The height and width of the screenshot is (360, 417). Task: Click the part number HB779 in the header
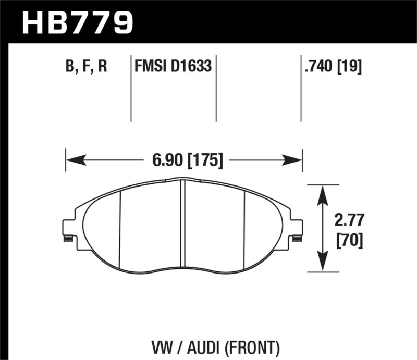coord(78,22)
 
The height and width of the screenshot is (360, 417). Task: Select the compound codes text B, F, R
coord(87,67)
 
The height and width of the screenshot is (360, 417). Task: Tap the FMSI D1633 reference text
coord(173,67)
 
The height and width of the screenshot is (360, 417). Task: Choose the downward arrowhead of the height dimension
coord(323,265)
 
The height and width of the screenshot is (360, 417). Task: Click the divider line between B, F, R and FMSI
coord(130,89)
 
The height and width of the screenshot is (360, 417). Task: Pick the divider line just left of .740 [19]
coord(301,89)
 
